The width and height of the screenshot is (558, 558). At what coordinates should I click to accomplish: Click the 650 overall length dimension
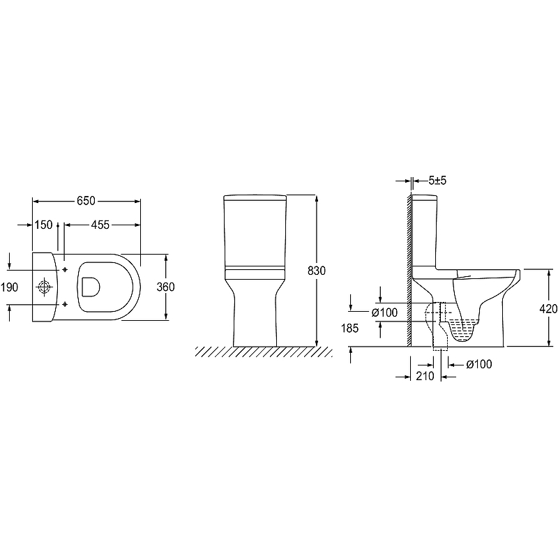pos(86,201)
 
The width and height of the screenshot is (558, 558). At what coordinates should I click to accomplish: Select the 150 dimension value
pos(43,225)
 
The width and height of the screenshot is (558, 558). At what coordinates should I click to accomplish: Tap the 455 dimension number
pos(100,225)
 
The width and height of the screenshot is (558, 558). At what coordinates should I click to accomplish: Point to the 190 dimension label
pos(9,287)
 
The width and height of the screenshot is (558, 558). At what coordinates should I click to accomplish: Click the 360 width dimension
pos(166,287)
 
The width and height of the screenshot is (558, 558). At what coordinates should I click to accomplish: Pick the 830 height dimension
pos(317,271)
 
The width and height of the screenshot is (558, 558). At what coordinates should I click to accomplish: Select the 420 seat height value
pos(548,309)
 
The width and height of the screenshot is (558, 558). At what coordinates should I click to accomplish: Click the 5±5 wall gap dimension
pos(437,181)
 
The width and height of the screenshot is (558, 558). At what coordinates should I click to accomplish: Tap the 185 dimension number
pos(350,328)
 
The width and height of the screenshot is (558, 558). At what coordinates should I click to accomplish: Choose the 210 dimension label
pos(425,376)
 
